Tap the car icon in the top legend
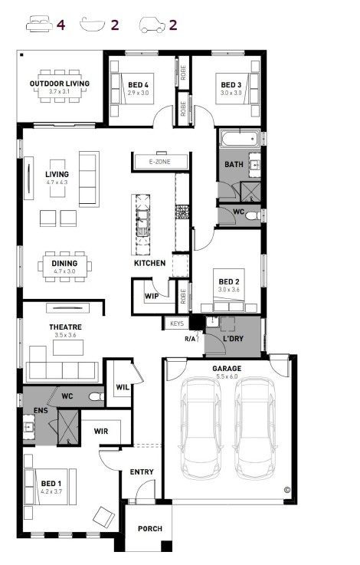152,25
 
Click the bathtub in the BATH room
240,139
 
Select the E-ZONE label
159,162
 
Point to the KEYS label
177,324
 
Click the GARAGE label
227,368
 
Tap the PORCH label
150,529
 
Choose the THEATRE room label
66,327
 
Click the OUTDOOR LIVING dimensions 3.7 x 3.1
60,91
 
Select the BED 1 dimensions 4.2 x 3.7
51,491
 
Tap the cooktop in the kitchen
182,212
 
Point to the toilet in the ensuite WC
96,396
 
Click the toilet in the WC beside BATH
253,216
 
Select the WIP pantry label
152,296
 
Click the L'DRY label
234,338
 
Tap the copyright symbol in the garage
287,490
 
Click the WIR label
101,431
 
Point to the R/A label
190,339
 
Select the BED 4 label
138,85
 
